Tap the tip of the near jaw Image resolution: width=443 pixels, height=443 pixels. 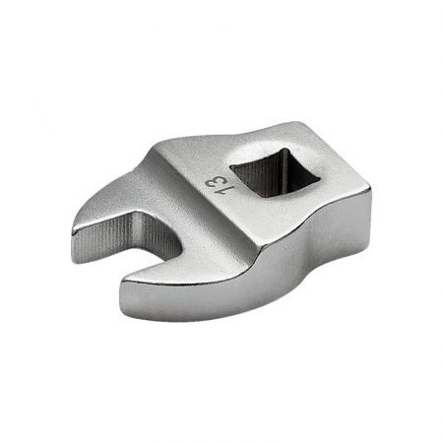[121, 285]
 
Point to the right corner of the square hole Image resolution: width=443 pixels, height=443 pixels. [320, 179]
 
